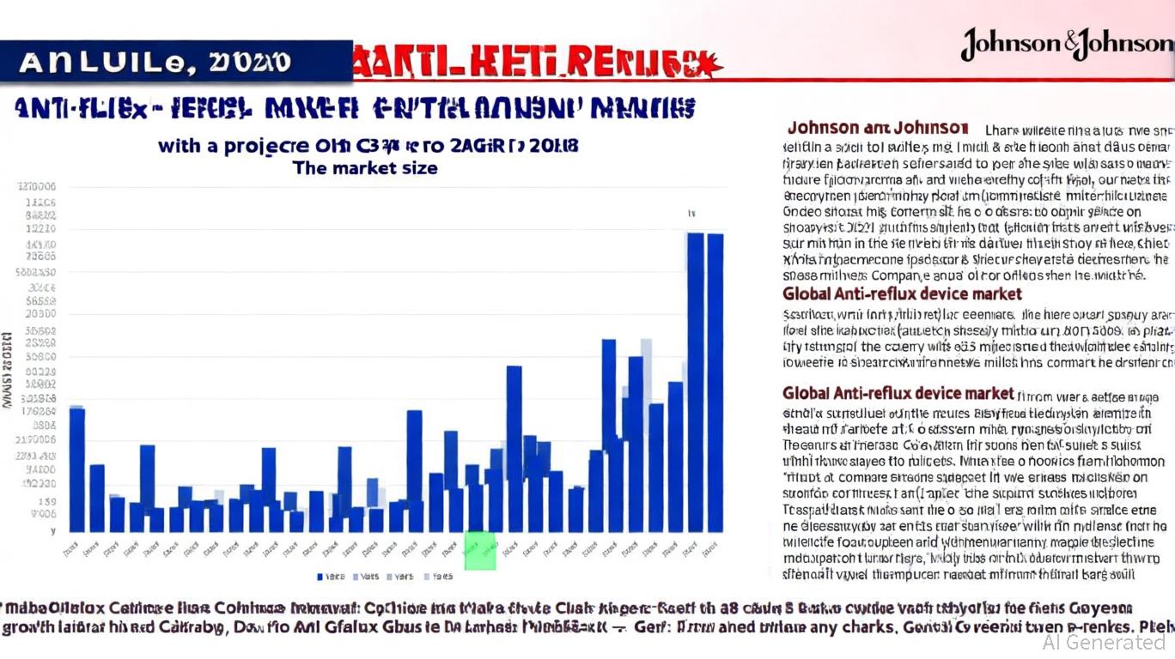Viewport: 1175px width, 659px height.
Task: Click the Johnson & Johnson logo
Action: (1066, 44)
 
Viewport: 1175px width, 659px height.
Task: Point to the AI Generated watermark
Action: (1103, 642)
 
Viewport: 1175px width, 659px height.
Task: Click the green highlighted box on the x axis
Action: (480, 550)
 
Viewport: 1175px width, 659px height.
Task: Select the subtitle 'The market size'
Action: (365, 168)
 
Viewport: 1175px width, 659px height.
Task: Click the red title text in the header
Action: (537, 63)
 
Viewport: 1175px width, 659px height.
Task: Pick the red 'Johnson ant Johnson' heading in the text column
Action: (878, 129)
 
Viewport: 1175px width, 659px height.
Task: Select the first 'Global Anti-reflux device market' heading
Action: (902, 294)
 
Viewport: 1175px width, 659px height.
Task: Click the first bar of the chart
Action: (77, 469)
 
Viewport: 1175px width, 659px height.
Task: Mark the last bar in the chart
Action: (714, 382)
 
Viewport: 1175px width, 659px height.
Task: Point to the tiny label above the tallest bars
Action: (690, 212)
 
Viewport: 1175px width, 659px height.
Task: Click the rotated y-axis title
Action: (7, 369)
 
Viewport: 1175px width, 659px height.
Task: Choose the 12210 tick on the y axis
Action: (41, 229)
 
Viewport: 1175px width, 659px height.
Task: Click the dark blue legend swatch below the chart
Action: (320, 577)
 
